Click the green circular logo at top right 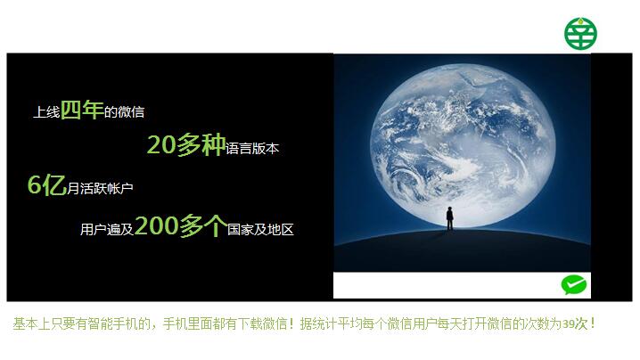(580, 34)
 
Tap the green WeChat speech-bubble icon (574, 285)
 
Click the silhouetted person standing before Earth (450, 218)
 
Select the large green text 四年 (82, 110)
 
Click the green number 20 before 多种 (161, 145)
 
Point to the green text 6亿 (46, 184)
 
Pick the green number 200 (156, 225)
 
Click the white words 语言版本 (252, 148)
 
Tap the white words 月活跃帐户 (100, 188)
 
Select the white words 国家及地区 (260, 229)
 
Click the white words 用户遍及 (107, 229)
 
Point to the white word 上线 (46, 112)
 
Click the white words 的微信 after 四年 (124, 112)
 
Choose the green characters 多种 (201, 144)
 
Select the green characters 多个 (203, 225)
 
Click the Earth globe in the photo (463, 146)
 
